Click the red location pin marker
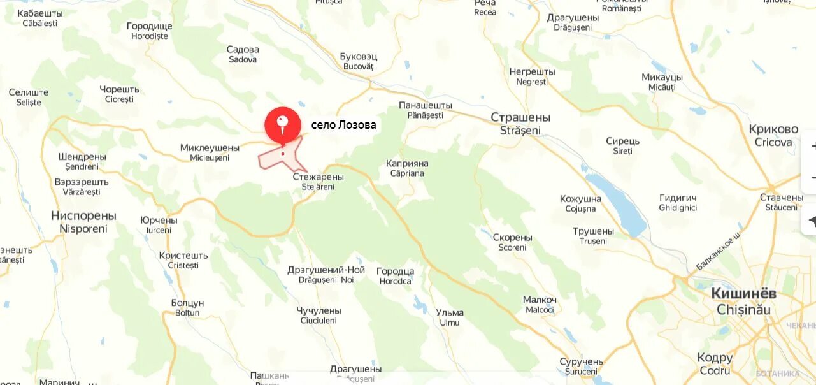tap(283, 125)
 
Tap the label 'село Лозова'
tap(343, 126)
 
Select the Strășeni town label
tap(520, 124)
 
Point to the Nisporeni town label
tap(83, 222)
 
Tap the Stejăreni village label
tap(318, 182)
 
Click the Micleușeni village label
tap(210, 153)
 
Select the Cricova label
tap(773, 135)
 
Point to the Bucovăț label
tap(359, 61)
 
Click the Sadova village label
tap(243, 54)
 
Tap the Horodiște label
tap(150, 31)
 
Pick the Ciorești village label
tap(119, 94)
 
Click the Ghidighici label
tap(678, 203)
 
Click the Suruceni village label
tap(581, 367)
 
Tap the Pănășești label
tap(426, 110)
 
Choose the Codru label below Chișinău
tap(715, 363)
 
